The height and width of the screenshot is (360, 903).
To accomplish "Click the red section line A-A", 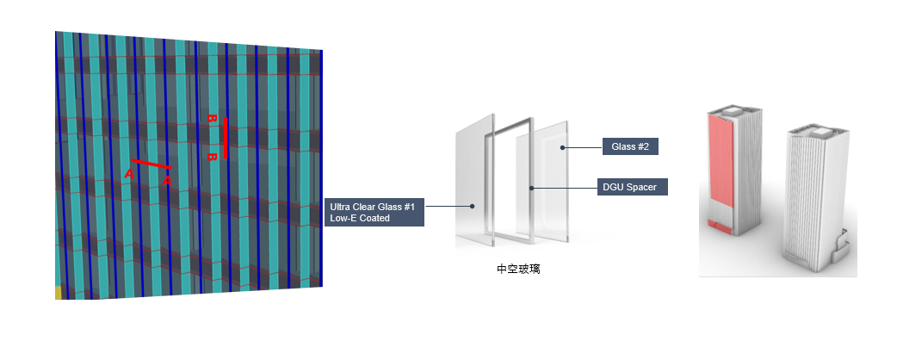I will click(x=151, y=164).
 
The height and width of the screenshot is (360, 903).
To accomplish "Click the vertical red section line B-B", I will click(x=226, y=138).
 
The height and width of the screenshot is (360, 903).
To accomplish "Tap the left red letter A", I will click(x=129, y=174).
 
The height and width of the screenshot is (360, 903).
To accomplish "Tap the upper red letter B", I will click(x=211, y=118).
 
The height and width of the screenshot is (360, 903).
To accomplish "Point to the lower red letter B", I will click(x=211, y=157).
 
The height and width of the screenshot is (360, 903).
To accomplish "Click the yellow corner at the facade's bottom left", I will click(x=59, y=293).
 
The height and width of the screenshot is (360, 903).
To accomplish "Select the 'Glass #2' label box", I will click(x=629, y=146).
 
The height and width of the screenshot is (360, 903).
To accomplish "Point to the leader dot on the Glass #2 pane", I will click(x=562, y=147).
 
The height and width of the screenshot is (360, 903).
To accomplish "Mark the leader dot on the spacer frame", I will click(x=532, y=187).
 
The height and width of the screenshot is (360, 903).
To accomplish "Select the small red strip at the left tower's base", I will click(x=721, y=227).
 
